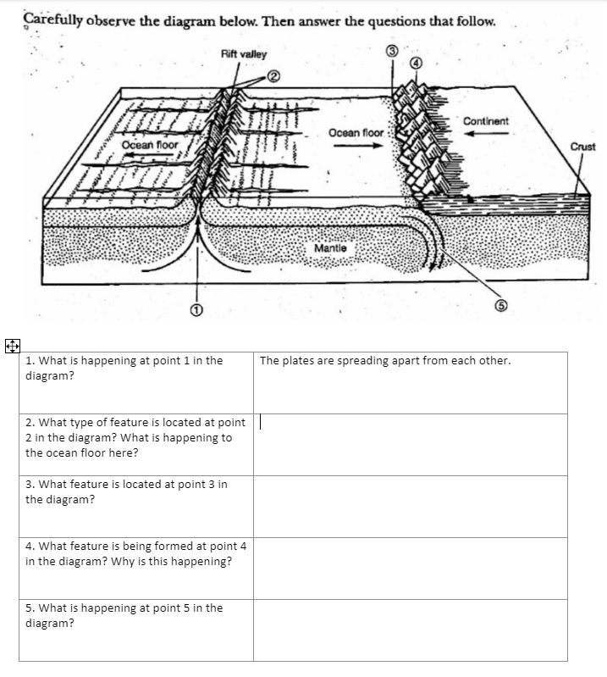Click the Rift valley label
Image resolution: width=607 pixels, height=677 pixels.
pyautogui.click(x=243, y=54)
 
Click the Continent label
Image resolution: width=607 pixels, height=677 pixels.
pyautogui.click(x=486, y=121)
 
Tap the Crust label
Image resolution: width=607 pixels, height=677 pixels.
pyautogui.click(x=582, y=147)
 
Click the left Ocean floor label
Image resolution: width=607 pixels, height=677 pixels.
pyautogui.click(x=150, y=145)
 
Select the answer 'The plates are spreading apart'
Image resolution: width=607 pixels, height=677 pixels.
pyautogui.click(x=385, y=361)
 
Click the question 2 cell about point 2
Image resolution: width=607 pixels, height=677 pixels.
pyautogui.click(x=135, y=437)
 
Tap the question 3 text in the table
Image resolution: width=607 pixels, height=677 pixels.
pyautogui.click(x=126, y=491)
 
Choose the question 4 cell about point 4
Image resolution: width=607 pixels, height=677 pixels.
pyautogui.click(x=135, y=553)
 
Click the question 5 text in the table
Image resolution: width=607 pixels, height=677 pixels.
pyautogui.click(x=124, y=615)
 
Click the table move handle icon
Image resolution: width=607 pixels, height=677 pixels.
pyautogui.click(x=10, y=346)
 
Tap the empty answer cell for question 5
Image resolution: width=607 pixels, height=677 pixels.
pyautogui.click(x=410, y=630)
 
